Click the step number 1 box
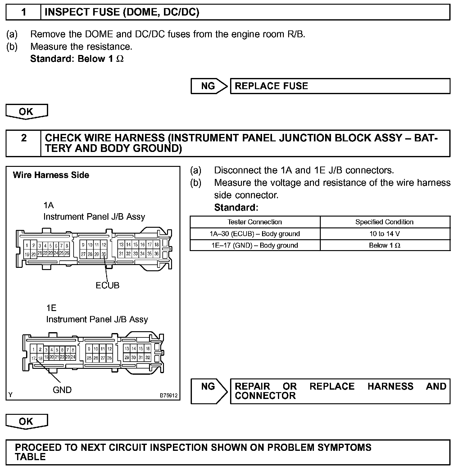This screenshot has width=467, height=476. click(24, 12)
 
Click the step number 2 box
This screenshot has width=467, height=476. click(24, 143)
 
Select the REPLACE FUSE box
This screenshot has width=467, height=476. click(340, 86)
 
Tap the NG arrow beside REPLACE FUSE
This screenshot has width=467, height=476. click(209, 86)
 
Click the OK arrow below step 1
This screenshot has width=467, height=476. click(26, 112)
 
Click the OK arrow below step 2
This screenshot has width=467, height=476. click(26, 421)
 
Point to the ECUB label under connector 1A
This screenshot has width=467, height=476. click(107, 285)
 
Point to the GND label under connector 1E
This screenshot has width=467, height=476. click(62, 390)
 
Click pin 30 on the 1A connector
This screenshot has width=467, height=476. click(104, 254)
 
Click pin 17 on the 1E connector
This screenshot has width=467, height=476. click(34, 359)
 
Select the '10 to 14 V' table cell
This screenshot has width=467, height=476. click(384, 234)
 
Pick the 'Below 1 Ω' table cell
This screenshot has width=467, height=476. click(384, 245)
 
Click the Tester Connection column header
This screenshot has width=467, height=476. click(255, 222)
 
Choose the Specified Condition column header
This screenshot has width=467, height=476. click(384, 222)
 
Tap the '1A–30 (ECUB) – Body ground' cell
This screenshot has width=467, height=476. click(255, 234)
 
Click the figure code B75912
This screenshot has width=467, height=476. click(169, 396)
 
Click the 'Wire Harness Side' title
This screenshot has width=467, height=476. click(51, 175)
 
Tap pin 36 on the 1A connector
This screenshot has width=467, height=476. click(156, 254)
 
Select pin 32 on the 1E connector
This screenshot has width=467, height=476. click(148, 358)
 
